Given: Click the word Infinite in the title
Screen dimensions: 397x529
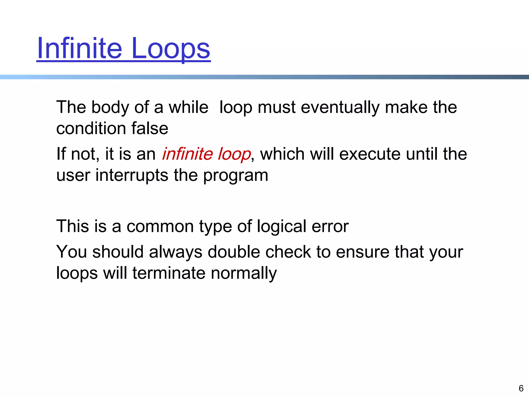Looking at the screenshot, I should [x=79, y=48].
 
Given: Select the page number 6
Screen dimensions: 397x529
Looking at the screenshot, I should [x=521, y=388].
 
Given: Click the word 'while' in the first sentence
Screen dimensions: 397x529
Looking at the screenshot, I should [x=188, y=107].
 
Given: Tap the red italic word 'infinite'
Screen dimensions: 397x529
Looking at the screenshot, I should [x=187, y=154].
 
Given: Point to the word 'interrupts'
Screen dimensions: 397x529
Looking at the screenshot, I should [x=132, y=175].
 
